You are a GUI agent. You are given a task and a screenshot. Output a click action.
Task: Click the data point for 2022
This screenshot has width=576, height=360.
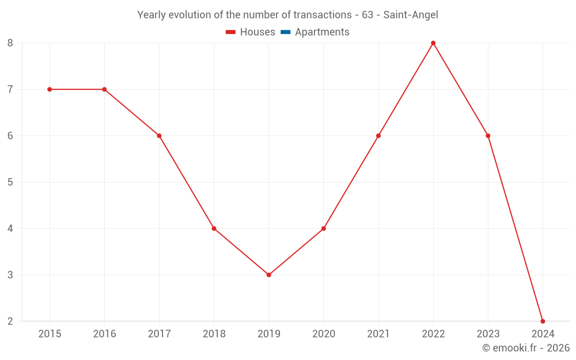point(433,43)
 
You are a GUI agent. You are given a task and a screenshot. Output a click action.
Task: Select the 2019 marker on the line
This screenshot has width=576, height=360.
point(269,275)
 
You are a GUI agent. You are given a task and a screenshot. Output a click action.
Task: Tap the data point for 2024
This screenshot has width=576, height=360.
point(543,321)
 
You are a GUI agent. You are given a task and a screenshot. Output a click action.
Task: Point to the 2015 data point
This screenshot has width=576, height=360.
point(50,89)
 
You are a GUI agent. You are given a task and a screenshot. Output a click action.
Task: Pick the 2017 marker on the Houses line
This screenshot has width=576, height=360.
point(159,136)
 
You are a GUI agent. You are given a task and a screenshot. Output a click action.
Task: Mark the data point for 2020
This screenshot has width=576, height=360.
point(324,229)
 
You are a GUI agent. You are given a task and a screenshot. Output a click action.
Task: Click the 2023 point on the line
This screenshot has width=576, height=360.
point(488,136)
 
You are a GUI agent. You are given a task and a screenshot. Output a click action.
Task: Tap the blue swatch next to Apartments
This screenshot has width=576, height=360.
point(286,32)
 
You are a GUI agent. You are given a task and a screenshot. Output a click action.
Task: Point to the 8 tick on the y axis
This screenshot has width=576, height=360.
point(10,43)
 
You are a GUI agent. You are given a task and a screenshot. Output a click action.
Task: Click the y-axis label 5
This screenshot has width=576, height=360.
point(10,182)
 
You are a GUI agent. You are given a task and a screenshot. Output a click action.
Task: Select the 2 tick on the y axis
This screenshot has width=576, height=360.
point(10,321)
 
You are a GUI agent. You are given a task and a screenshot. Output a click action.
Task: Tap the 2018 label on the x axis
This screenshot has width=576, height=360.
point(214,334)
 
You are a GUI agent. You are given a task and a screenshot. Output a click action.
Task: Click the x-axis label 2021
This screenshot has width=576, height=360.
point(378,334)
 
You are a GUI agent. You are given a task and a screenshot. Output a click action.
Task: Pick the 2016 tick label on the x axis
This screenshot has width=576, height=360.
point(104,334)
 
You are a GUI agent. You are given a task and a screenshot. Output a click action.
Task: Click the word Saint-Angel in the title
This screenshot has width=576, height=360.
point(411,15)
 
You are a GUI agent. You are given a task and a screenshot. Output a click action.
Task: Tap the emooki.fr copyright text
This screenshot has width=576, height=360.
point(526,348)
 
